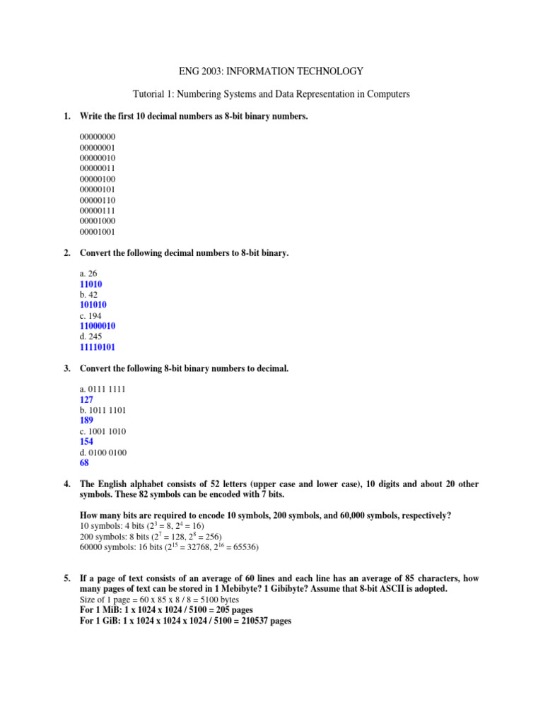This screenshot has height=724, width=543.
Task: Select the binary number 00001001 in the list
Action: click(x=98, y=231)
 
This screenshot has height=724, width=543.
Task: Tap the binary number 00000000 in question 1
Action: click(x=98, y=136)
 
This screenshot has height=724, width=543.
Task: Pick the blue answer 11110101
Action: click(x=98, y=347)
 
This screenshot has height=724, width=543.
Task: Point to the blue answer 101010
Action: click(x=95, y=305)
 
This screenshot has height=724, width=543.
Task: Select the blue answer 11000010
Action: click(x=98, y=326)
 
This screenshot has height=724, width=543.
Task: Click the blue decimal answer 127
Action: click(x=87, y=399)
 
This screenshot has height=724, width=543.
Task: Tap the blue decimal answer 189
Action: click(x=87, y=421)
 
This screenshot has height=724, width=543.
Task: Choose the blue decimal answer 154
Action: click(x=87, y=442)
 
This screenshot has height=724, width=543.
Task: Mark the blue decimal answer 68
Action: click(x=84, y=463)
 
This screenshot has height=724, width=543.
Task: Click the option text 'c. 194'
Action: click(x=91, y=315)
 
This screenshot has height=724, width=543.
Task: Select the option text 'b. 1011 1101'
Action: click(x=103, y=410)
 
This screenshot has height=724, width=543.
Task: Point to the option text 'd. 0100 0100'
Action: click(x=103, y=452)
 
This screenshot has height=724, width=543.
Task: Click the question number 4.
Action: click(x=66, y=484)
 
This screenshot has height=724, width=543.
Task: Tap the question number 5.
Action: click(x=66, y=579)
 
